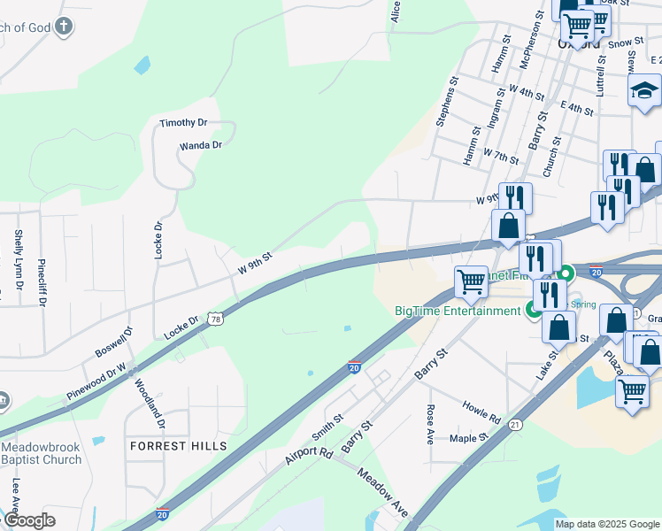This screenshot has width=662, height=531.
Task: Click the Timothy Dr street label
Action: pos(183,123)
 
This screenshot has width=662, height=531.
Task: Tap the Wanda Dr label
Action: pos(200,144)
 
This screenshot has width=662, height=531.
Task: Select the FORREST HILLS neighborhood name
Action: pos(178,446)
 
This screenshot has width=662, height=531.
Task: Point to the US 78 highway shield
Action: pos(216,319)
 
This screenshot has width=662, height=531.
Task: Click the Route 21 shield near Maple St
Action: pos(514,426)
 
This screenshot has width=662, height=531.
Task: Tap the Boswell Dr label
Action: pos(112,343)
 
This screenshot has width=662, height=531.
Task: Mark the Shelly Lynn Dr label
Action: pos(19,258)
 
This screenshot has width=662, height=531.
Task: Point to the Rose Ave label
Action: pos(430,424)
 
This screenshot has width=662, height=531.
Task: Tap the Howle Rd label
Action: pos(481,412)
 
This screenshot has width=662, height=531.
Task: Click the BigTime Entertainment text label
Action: pos(458,311)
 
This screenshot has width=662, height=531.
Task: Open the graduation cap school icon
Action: pos(644,91)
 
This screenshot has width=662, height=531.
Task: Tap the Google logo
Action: pos(29,521)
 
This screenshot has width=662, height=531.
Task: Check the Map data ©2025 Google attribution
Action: pos(606,524)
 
